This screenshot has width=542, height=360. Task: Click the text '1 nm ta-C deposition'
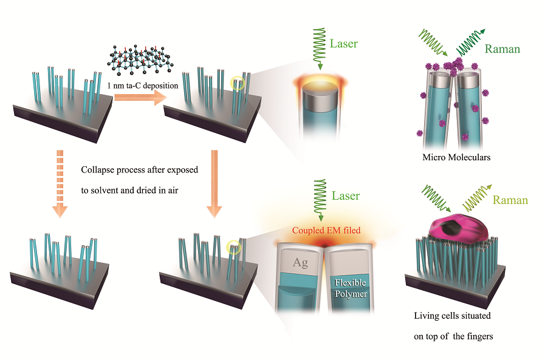(x=142, y=85)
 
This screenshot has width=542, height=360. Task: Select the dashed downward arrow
(x=59, y=182)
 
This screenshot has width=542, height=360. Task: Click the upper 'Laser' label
(x=345, y=44)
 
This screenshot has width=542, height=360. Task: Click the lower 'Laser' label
(x=345, y=196)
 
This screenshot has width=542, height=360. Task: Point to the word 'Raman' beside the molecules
(x=502, y=49)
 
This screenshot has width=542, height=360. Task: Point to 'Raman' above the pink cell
(x=510, y=200)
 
